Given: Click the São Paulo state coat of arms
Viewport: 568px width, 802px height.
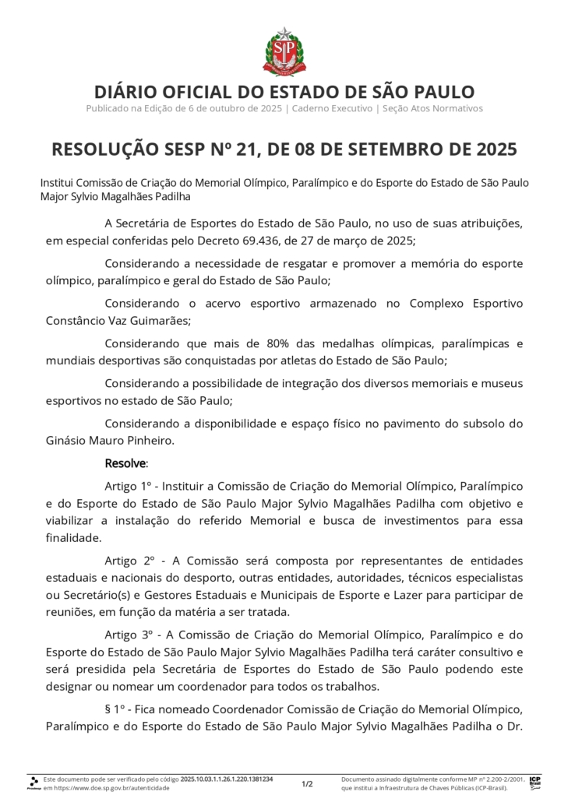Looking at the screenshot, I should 284,51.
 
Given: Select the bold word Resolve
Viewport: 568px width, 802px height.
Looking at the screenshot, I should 125,463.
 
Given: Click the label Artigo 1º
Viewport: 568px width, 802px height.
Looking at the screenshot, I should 127,484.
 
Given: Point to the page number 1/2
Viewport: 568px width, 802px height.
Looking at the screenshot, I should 307,783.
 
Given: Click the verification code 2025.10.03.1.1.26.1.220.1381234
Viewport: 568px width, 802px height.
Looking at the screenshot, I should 227,779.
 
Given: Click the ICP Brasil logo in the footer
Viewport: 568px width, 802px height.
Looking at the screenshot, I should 535,783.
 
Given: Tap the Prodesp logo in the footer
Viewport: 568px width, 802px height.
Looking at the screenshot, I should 34,783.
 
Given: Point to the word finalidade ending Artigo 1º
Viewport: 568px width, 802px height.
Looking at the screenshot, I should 72,537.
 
